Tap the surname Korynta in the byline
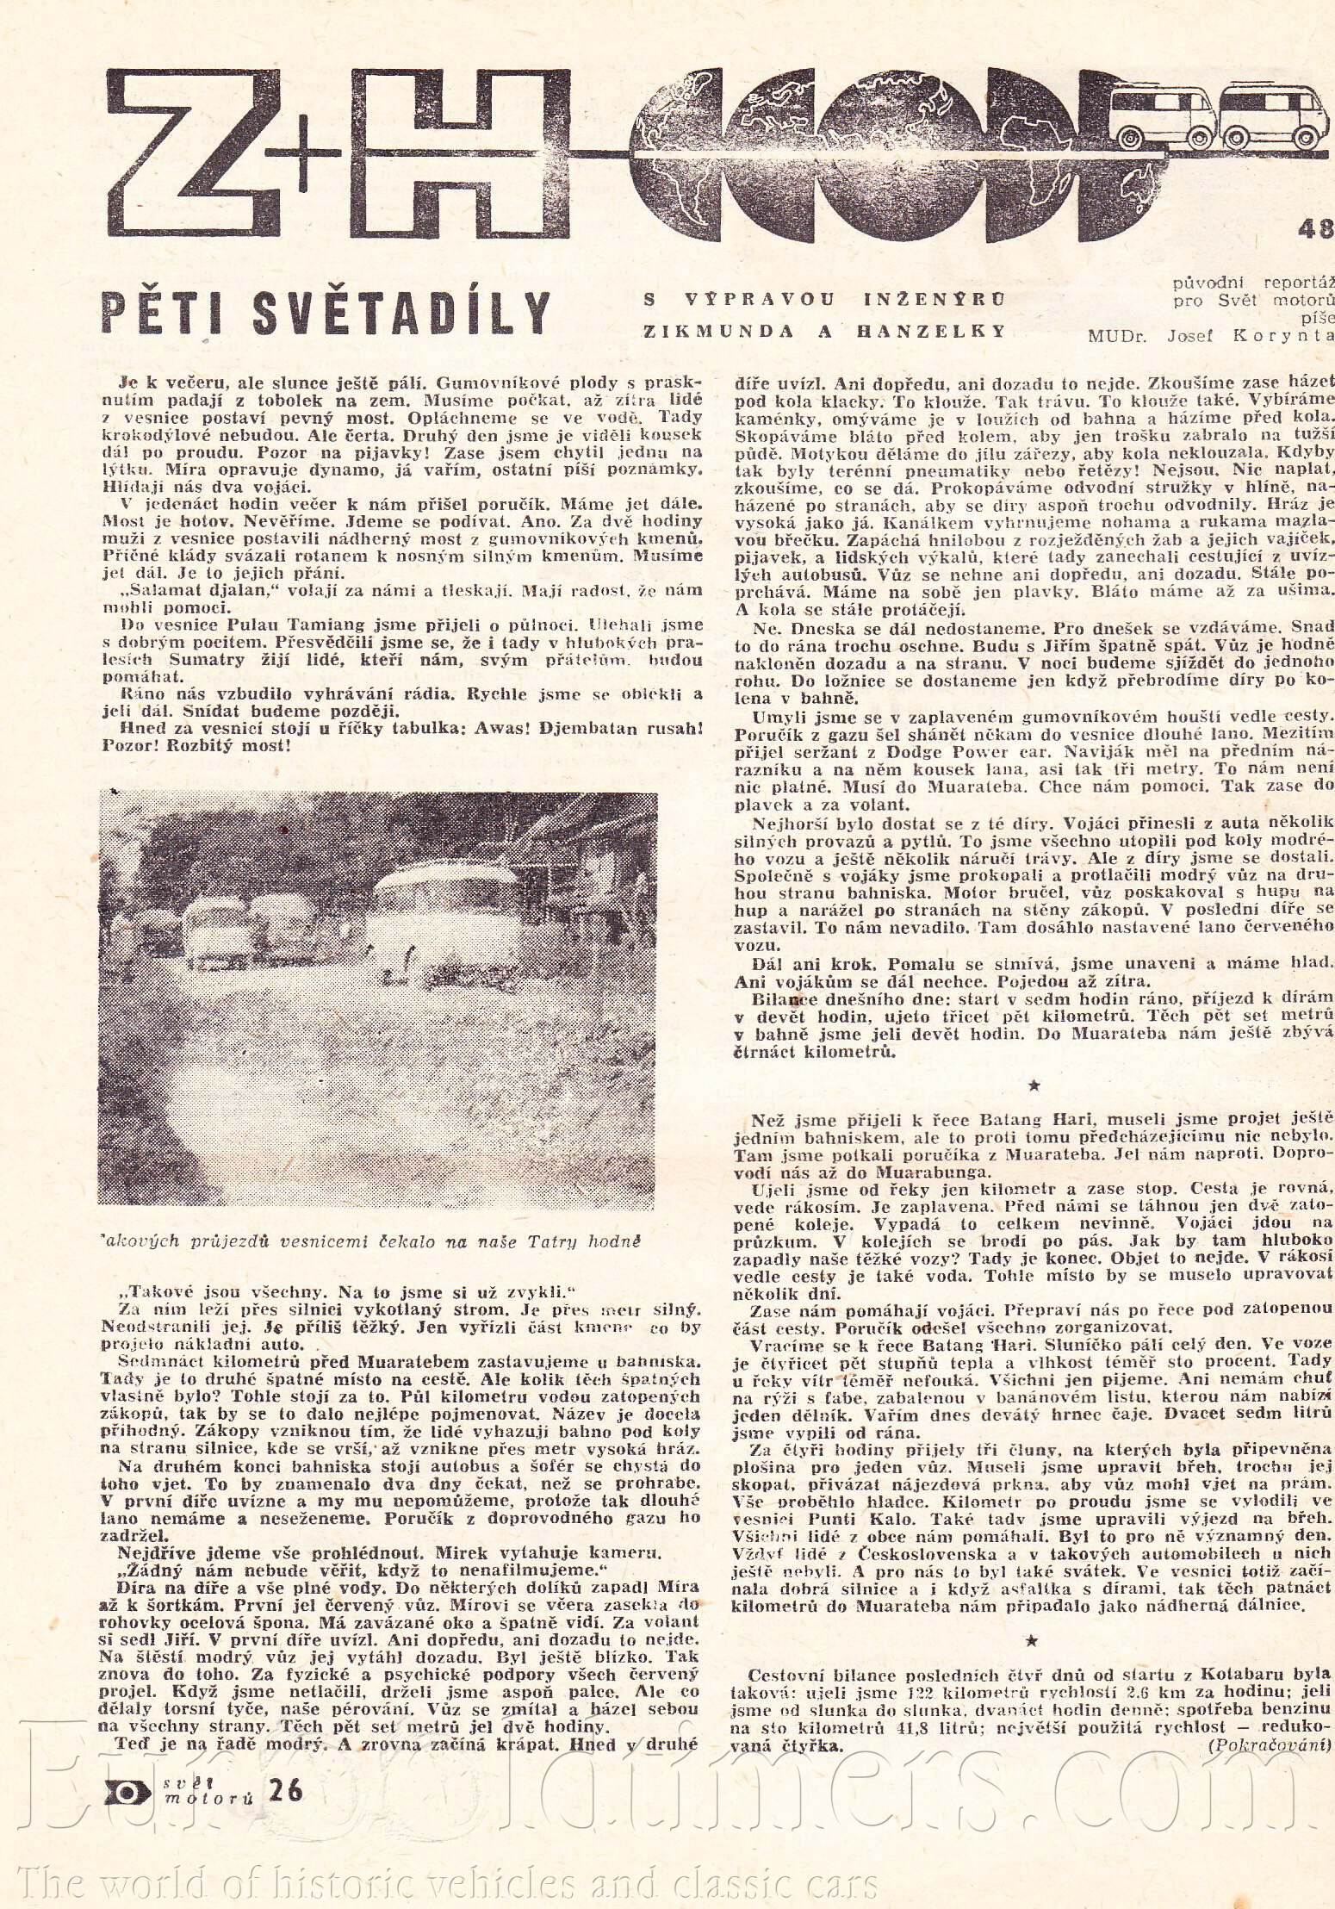[x=1282, y=336]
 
